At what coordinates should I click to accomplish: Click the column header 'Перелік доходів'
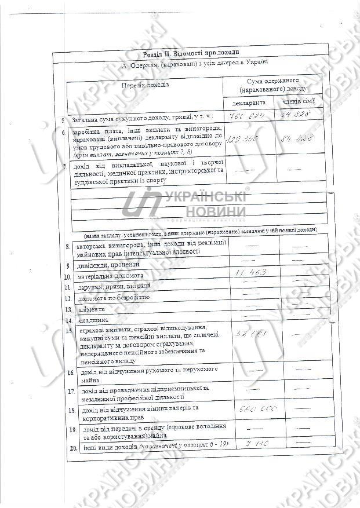pos(145,85)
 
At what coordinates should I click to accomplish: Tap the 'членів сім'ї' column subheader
pos(298,102)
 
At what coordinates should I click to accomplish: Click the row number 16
pos(70,372)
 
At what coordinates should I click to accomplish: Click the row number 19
pos(72,430)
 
